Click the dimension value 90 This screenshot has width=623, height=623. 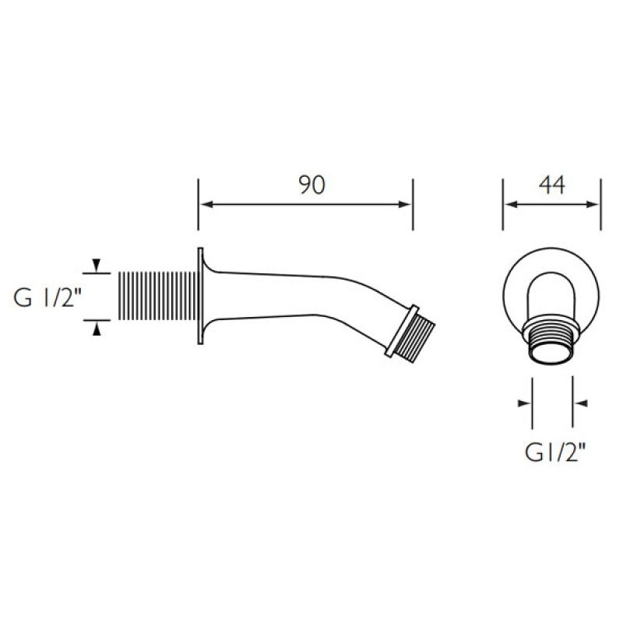(x=310, y=185)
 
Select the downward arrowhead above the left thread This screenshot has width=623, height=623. (x=97, y=266)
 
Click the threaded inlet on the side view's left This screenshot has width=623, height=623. (x=157, y=296)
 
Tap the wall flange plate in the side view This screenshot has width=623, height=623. (x=202, y=296)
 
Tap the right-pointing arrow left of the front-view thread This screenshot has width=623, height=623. (x=524, y=403)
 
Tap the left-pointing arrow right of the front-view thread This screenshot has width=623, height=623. (x=580, y=403)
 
